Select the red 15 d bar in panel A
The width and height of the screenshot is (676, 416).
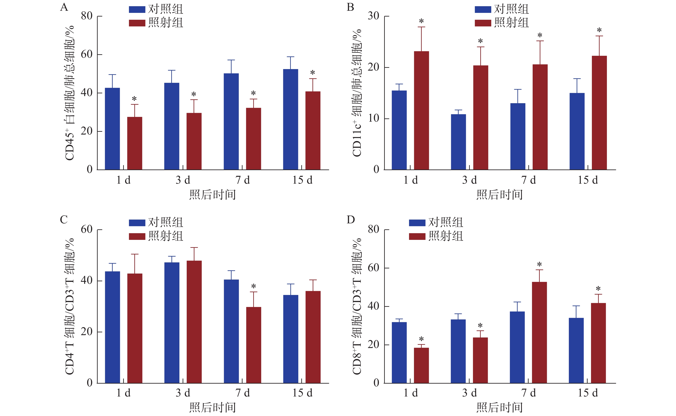click(313, 130)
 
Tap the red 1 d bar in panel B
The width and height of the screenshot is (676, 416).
click(421, 110)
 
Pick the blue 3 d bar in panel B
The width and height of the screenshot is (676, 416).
click(458, 142)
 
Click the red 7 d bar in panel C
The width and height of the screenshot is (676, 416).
click(253, 345)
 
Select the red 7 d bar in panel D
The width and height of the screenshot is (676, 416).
click(539, 332)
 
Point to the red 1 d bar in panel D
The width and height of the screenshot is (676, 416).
click(421, 365)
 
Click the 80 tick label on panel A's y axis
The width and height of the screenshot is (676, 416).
click(87, 16)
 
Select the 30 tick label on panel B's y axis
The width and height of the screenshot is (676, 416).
click(373, 16)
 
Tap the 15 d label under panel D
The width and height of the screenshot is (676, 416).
click(588, 393)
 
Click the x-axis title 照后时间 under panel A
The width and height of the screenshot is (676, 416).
click(212, 195)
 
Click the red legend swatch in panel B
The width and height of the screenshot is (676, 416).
click(483, 23)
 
